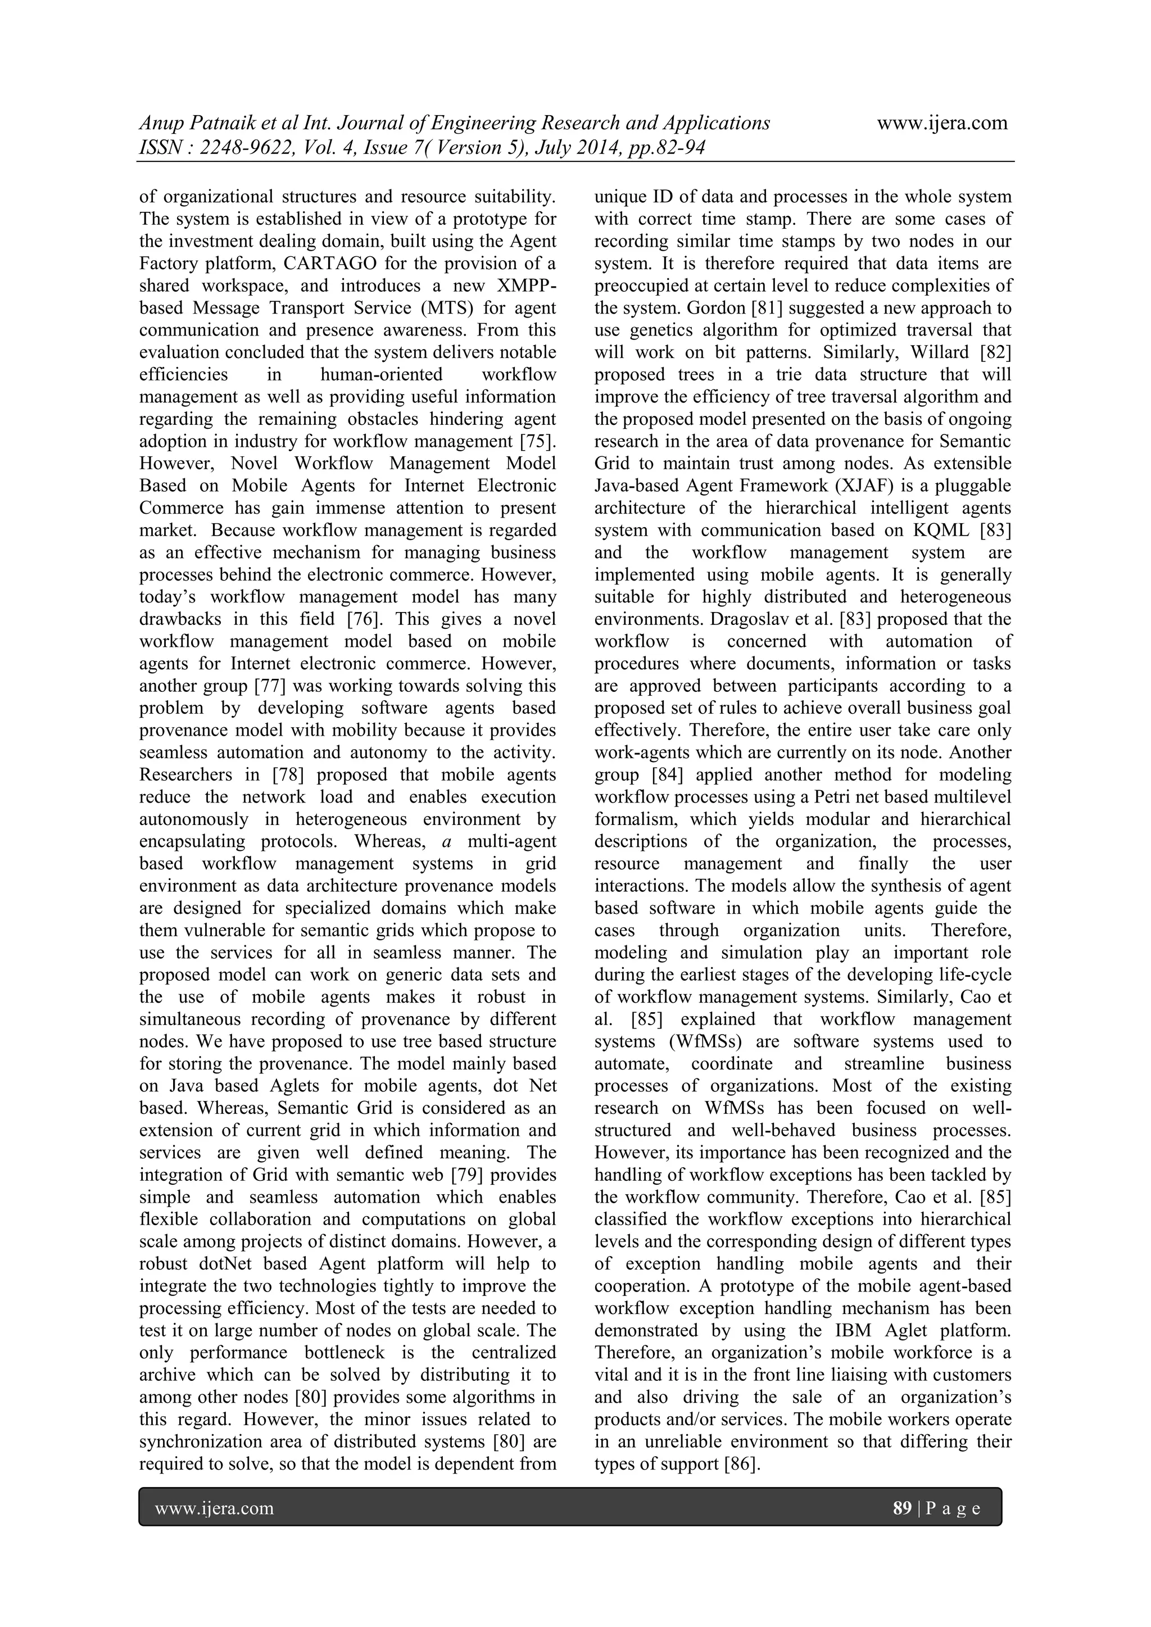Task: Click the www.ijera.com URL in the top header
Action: [942, 123]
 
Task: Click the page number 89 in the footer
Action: [901, 1508]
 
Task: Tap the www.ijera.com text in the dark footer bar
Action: [214, 1508]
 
